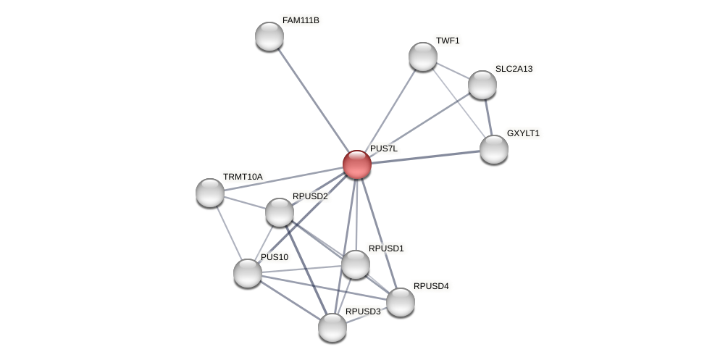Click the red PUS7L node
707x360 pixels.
pyautogui.click(x=357, y=164)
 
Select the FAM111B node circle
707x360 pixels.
pyautogui.click(x=269, y=36)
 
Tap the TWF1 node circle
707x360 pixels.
pyautogui.click(x=423, y=56)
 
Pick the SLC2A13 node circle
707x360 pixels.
pyautogui.click(x=482, y=85)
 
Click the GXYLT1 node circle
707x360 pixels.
pyautogui.click(x=494, y=149)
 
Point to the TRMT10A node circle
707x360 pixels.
pyautogui.click(x=210, y=193)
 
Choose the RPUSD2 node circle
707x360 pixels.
pyautogui.click(x=280, y=212)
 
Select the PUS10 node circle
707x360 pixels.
pyautogui.click(x=248, y=273)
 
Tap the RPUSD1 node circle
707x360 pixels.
pyautogui.click(x=356, y=264)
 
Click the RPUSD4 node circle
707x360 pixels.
pyautogui.click(x=401, y=302)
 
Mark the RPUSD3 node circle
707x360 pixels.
pyautogui.click(x=332, y=327)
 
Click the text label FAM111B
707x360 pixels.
pyautogui.click(x=301, y=20)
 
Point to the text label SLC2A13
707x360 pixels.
pyautogui.click(x=514, y=69)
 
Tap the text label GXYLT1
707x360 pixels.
pyautogui.click(x=523, y=133)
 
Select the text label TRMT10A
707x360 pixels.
pyautogui.click(x=243, y=177)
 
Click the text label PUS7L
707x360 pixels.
pyautogui.click(x=383, y=148)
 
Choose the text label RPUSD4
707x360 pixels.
pyautogui.click(x=431, y=286)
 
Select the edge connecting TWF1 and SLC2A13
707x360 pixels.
pyautogui.click(x=453, y=71)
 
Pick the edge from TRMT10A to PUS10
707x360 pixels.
pyautogui.click(x=229, y=233)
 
